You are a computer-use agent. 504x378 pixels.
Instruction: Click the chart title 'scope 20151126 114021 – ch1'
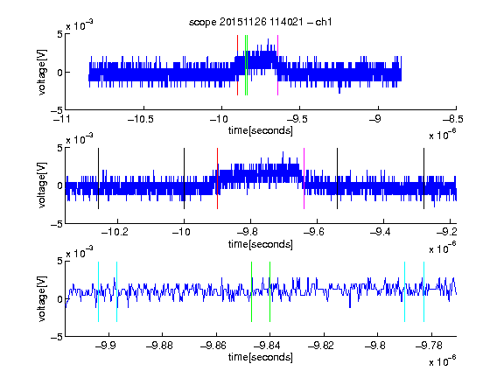[261, 22]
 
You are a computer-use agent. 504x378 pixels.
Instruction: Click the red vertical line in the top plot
[237, 66]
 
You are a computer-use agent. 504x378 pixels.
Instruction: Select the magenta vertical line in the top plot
[277, 66]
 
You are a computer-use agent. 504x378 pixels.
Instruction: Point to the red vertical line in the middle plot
[217, 178]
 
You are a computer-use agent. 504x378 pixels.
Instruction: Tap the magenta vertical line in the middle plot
[304, 178]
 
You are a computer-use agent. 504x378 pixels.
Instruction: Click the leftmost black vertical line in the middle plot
[98, 178]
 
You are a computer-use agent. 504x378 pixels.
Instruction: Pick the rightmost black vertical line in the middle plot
[423, 178]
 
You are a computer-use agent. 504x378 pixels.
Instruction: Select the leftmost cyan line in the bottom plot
[98, 292]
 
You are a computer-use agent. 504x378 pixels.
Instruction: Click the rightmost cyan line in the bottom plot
[424, 292]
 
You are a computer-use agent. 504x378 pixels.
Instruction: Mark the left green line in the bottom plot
[251, 292]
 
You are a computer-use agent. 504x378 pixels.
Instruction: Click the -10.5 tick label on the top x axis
[141, 120]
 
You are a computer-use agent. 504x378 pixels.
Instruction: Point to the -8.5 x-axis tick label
[452, 120]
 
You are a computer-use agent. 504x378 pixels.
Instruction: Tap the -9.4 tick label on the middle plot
[380, 232]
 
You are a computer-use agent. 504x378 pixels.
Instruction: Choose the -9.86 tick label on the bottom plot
[213, 346]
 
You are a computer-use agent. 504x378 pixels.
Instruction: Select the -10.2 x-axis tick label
[115, 232]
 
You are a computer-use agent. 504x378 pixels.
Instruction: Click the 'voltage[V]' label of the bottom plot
[42, 299]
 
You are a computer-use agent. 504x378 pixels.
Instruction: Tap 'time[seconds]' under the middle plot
[261, 245]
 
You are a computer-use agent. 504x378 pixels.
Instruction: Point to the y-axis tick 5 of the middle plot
[59, 148]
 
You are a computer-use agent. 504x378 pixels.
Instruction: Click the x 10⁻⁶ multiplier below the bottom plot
[443, 361]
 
